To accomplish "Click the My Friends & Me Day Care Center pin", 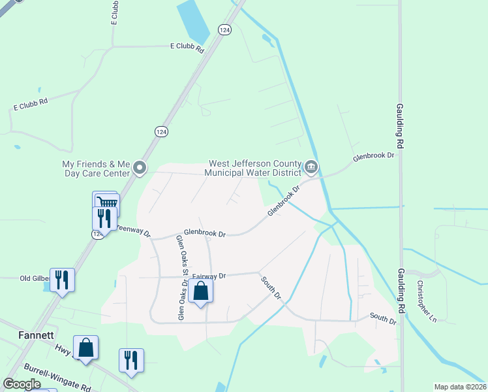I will [139, 169].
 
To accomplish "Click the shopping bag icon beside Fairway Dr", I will [201, 291].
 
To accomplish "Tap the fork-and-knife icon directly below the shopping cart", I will [104, 218].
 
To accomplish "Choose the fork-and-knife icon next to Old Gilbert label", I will [62, 280].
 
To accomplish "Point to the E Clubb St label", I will [115, 12].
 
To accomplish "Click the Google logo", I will [22, 384].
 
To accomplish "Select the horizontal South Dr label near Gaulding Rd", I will [383, 320].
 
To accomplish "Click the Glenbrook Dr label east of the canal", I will [374, 156].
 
